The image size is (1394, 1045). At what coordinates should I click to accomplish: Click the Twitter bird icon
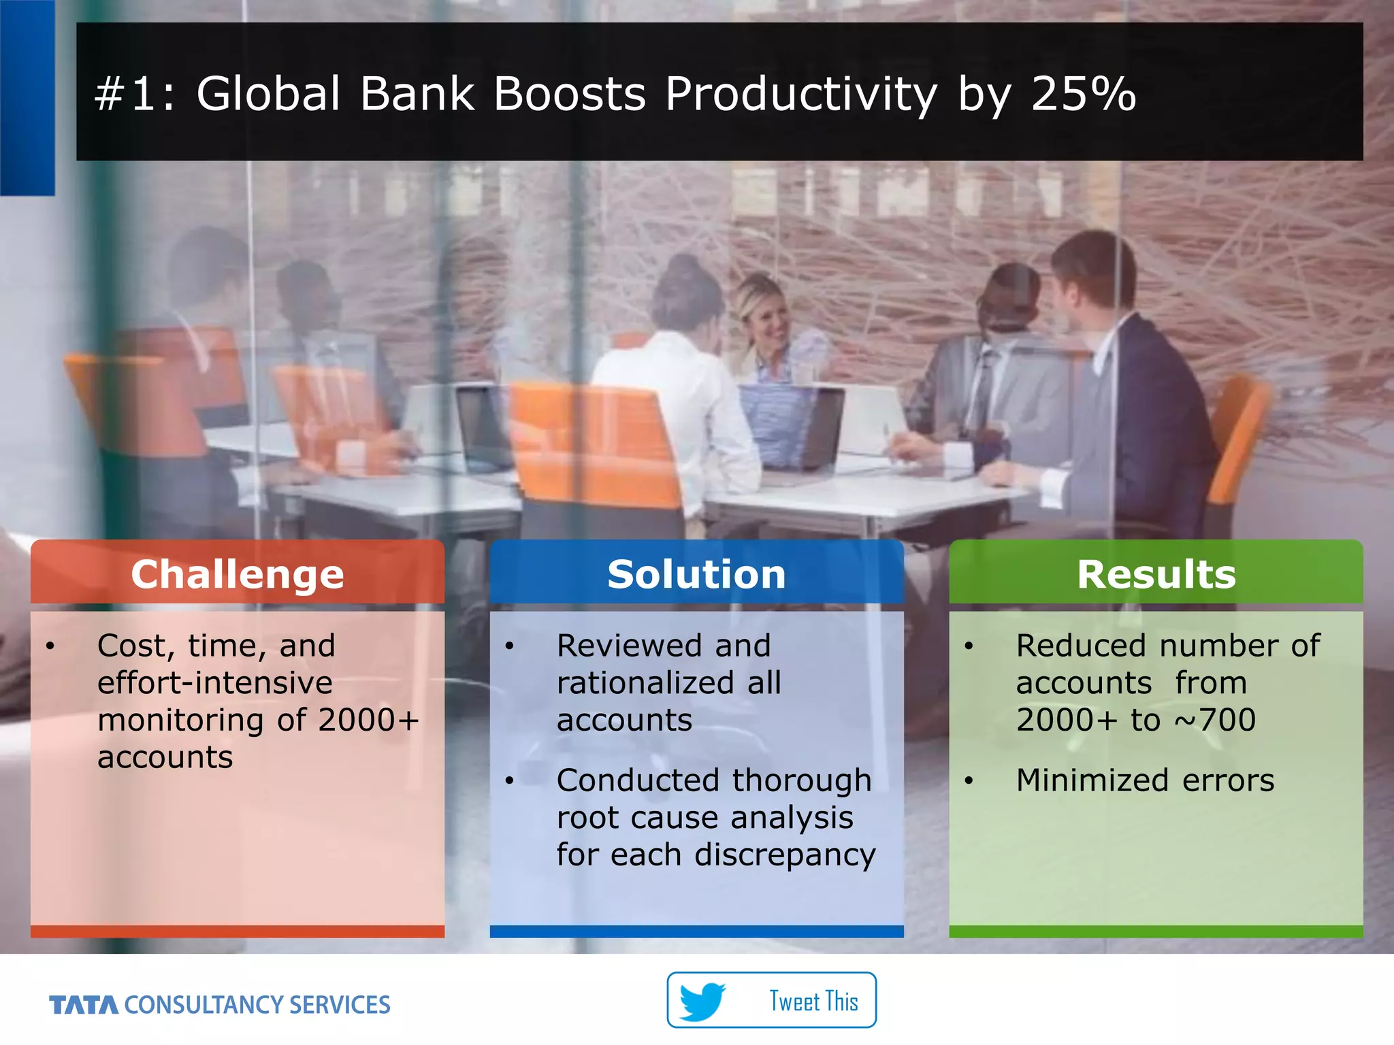[702, 1001]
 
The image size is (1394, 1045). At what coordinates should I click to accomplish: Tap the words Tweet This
[813, 1001]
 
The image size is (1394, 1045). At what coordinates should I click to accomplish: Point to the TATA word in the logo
[84, 1005]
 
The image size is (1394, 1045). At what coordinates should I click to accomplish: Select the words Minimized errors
[1145, 780]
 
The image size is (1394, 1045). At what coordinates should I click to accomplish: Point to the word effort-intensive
[215, 682]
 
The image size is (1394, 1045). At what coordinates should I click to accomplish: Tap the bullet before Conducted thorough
[509, 780]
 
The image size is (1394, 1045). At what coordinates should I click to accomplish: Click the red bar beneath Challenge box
[238, 931]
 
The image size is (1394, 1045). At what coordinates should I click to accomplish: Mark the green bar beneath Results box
[1156, 931]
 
